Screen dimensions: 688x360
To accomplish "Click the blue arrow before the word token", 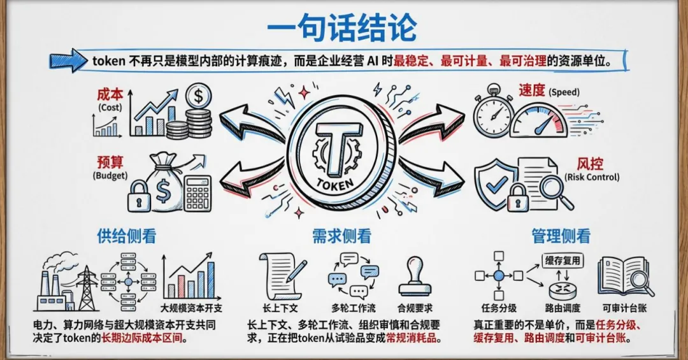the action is (68, 61).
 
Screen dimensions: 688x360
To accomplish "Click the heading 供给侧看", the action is (126, 236).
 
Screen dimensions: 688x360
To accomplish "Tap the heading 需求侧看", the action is (341, 236).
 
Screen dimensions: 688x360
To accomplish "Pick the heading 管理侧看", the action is (561, 236).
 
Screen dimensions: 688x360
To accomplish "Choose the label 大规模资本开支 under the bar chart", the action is (191, 308).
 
